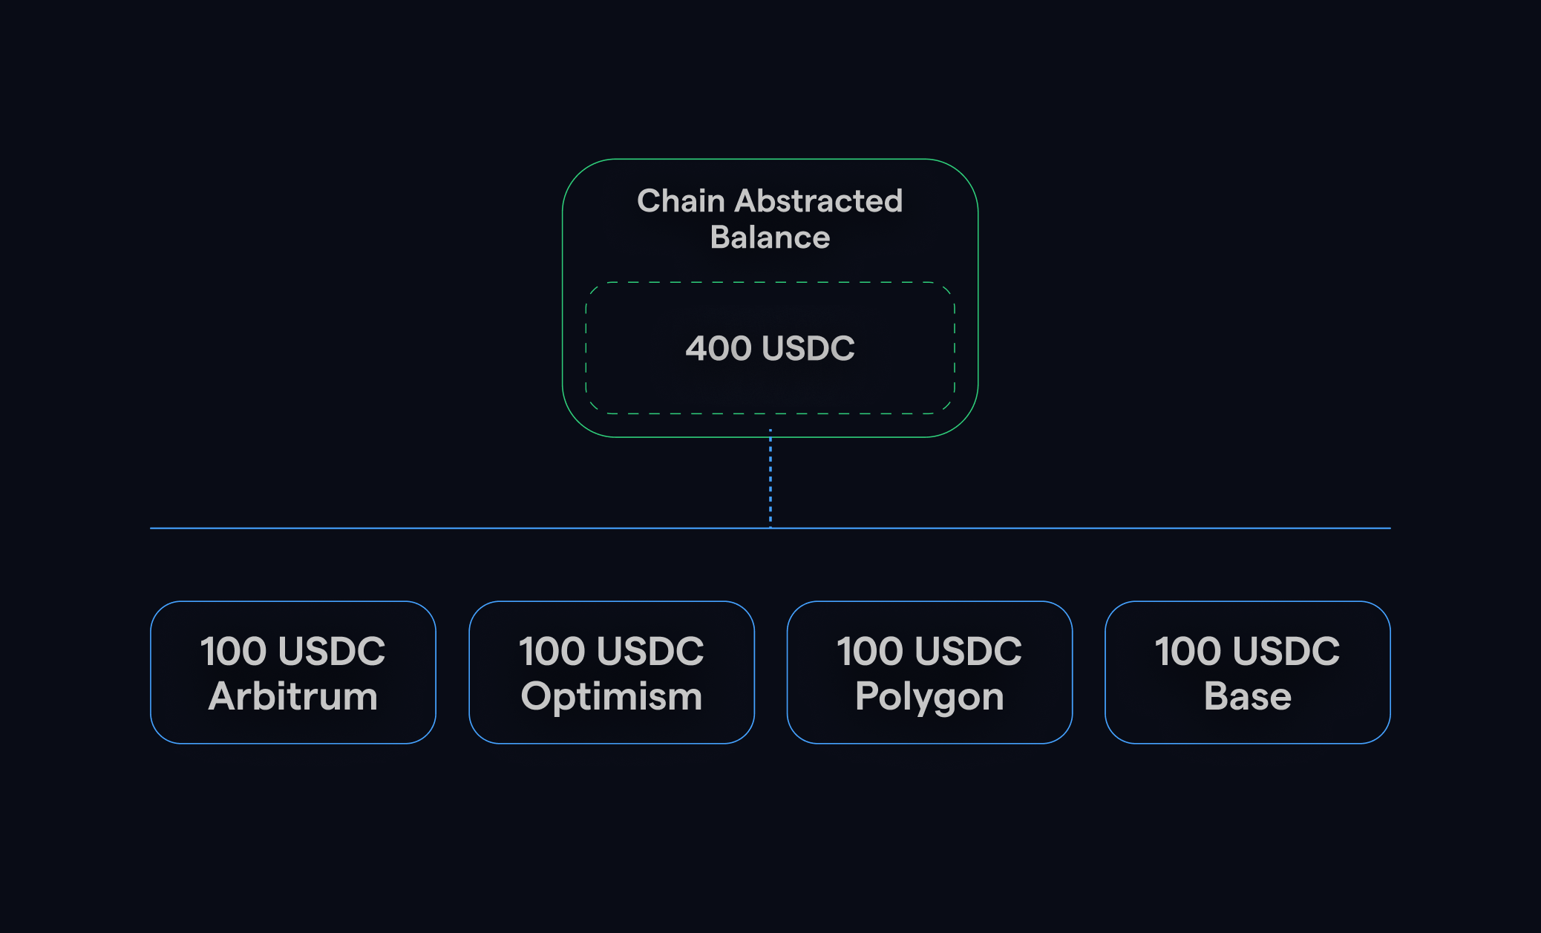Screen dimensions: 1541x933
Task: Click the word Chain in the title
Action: [681, 200]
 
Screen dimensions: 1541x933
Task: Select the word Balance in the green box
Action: [770, 238]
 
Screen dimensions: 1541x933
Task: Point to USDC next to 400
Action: [808, 348]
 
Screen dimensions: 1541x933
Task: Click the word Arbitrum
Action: [293, 696]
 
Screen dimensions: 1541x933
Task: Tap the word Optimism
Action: [612, 698]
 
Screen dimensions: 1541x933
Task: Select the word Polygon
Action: [929, 698]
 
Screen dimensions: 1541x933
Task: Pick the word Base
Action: [1248, 696]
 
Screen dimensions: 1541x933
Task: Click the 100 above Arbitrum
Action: [233, 651]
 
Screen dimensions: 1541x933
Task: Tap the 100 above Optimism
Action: [552, 651]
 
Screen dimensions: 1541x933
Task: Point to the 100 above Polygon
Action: [869, 651]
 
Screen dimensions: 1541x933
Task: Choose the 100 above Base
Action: [1188, 651]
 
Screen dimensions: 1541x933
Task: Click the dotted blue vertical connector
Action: [770, 479]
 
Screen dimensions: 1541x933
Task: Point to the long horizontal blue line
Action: [770, 528]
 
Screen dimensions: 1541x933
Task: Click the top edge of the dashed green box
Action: [770, 282]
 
